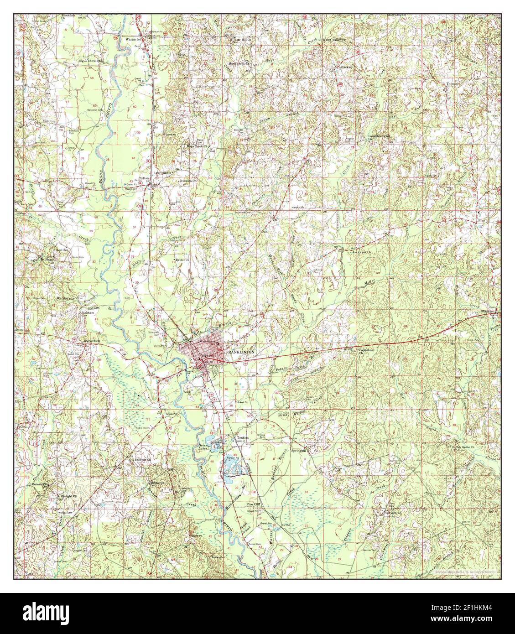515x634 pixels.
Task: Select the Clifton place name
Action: pyautogui.click(x=144, y=179)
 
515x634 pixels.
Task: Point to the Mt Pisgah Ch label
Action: pyautogui.click(x=48, y=261)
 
